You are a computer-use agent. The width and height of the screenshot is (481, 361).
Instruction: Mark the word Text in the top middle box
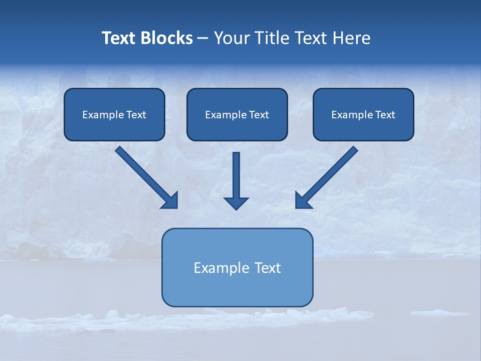[x=259, y=115]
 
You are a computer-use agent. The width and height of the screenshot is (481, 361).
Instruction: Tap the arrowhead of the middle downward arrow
[x=236, y=203]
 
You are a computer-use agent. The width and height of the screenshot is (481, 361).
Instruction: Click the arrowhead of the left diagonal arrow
[x=170, y=201]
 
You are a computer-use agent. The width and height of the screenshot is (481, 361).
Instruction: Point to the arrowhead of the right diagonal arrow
[x=303, y=201]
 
